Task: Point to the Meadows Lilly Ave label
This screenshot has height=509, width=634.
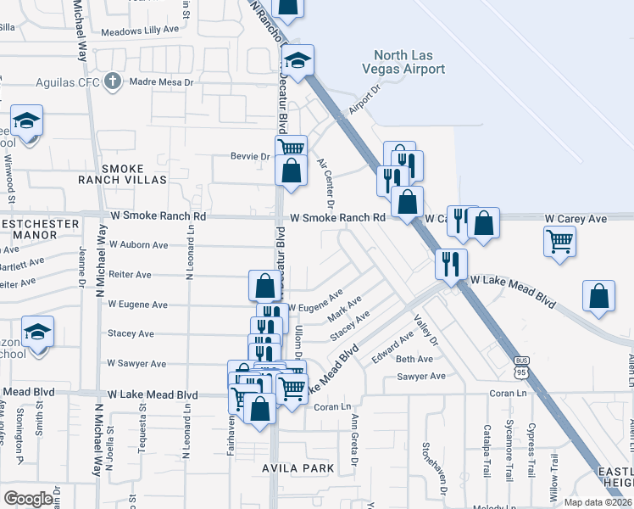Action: pyautogui.click(x=140, y=30)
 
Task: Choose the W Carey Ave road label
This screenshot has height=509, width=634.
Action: pyautogui.click(x=576, y=219)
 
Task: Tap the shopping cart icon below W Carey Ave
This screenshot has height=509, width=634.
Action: pyautogui.click(x=559, y=241)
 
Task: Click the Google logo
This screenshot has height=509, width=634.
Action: pyautogui.click(x=28, y=499)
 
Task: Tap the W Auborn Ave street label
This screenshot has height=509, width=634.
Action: pyautogui.click(x=136, y=245)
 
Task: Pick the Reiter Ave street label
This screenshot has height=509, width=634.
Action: pyautogui.click(x=130, y=275)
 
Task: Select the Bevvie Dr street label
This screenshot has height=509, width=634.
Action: pyautogui.click(x=249, y=156)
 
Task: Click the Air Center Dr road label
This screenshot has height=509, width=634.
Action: pyautogui.click(x=326, y=182)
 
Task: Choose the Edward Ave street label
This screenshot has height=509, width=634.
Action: pyautogui.click(x=393, y=347)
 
